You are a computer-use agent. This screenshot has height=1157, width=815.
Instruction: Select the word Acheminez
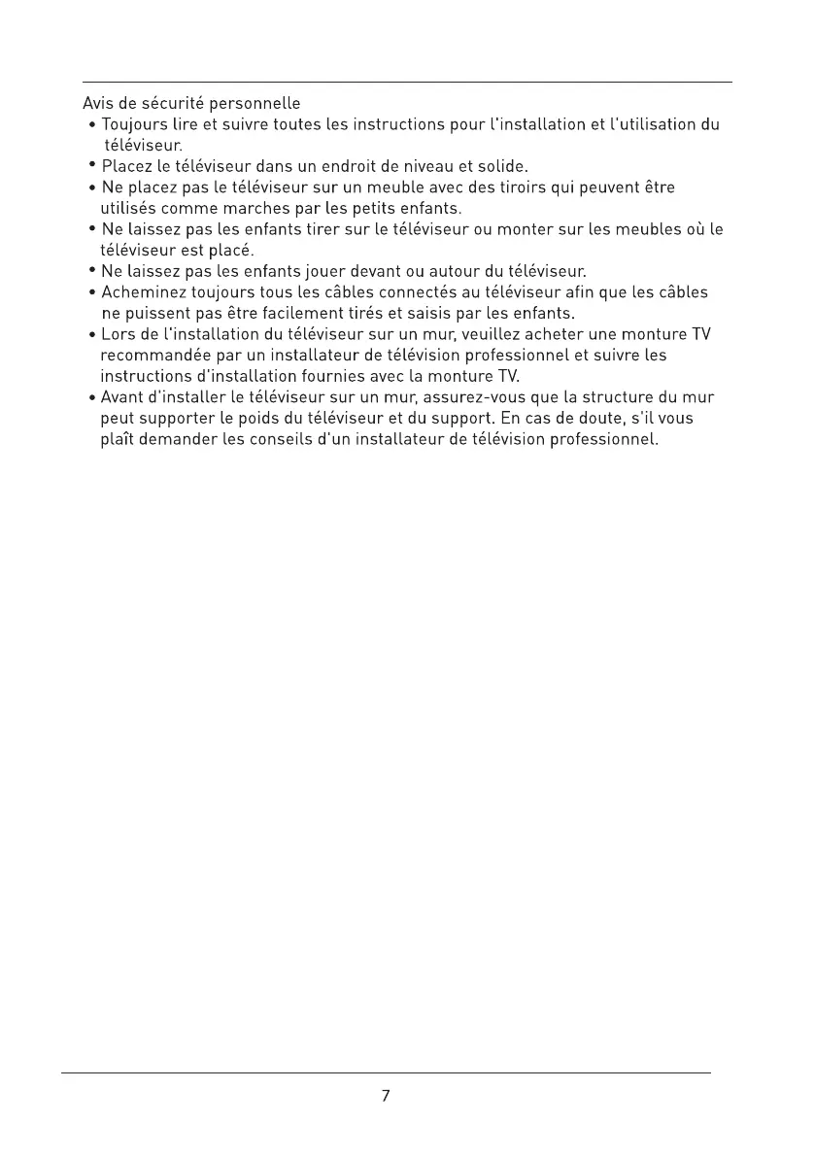pos(144,292)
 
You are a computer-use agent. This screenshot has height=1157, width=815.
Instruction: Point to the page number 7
pos(386,1096)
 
